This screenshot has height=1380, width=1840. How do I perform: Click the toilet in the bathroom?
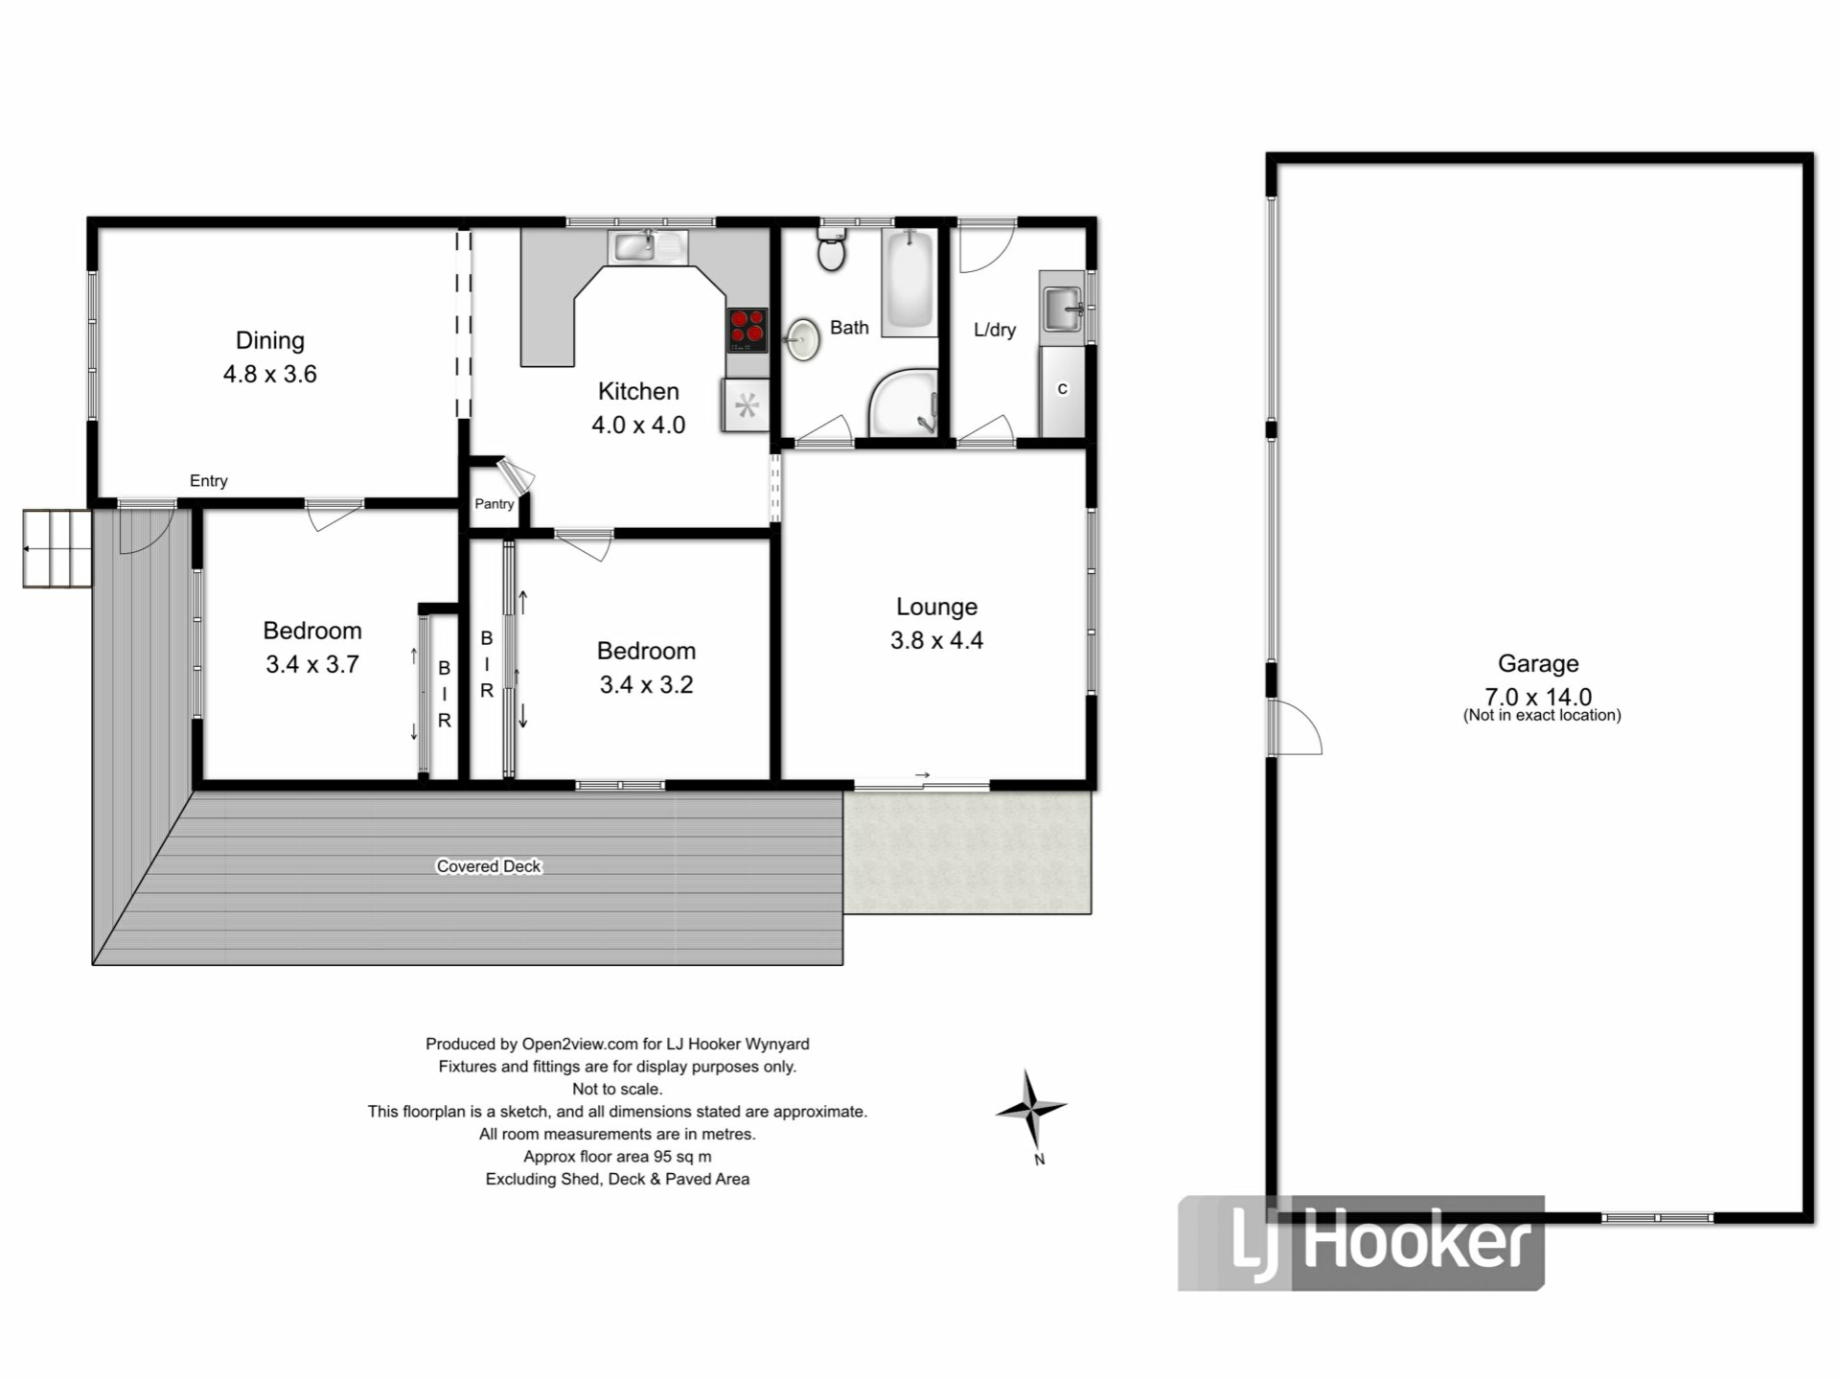click(831, 249)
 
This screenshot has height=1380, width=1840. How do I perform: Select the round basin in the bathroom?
click(801, 339)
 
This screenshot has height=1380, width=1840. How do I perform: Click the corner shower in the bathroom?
click(903, 402)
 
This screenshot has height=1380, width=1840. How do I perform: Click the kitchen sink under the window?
click(648, 247)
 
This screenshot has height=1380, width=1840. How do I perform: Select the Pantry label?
click(494, 504)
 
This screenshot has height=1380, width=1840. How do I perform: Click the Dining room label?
click(270, 340)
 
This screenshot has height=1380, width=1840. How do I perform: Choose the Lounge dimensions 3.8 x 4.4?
click(936, 640)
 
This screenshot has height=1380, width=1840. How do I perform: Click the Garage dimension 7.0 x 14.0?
click(1538, 696)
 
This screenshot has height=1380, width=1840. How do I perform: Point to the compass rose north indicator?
click(1031, 1112)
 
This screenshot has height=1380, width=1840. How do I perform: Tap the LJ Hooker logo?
click(1361, 1243)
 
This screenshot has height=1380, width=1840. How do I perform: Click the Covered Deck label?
click(489, 866)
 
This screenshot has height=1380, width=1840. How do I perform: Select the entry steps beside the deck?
click(57, 548)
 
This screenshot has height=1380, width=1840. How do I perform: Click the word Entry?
click(209, 481)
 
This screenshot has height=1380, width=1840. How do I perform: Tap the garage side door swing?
click(1296, 726)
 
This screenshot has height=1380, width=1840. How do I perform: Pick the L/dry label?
click(995, 330)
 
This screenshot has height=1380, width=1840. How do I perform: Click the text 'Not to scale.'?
click(617, 1089)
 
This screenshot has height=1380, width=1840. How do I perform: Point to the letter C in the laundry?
click(1062, 389)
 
